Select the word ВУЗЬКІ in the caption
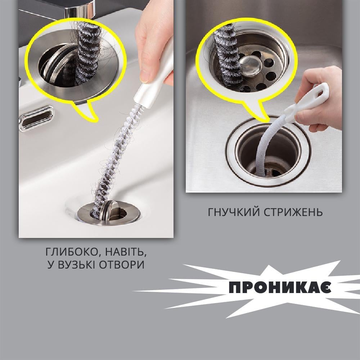[76, 265]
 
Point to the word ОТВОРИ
[122, 265]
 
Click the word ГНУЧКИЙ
[233, 212]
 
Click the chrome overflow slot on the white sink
[36, 118]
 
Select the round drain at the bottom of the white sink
[109, 213]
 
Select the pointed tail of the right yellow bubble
[267, 121]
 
